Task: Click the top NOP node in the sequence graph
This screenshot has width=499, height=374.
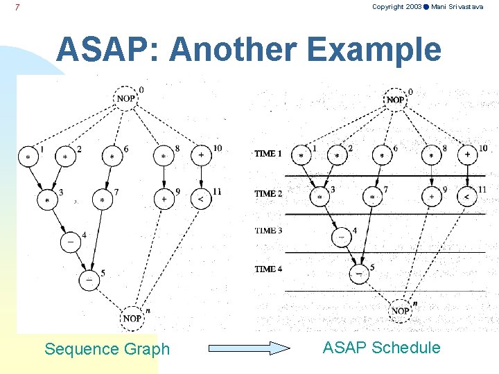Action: pos(125,98)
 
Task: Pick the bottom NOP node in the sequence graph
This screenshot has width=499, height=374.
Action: pos(132,317)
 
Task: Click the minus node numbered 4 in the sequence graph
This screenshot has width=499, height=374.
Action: pos(71,242)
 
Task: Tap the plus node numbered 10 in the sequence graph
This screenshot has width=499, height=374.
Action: pos(201,155)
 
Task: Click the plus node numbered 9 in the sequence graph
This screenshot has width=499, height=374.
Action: pos(164,199)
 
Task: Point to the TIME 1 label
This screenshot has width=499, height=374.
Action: pos(268,154)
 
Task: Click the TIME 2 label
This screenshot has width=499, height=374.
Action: pos(268,194)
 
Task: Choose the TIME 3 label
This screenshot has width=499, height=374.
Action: pos(268,230)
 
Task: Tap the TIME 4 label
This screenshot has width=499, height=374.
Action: pos(268,269)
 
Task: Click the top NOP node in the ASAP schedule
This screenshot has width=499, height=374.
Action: pos(395,100)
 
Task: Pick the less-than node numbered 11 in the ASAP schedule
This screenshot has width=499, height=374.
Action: pos(467,197)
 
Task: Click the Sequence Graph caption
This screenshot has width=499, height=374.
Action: pos(107,349)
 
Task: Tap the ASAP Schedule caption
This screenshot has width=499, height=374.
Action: pos(381,348)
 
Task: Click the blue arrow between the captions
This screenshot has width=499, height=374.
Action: pos(249,348)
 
